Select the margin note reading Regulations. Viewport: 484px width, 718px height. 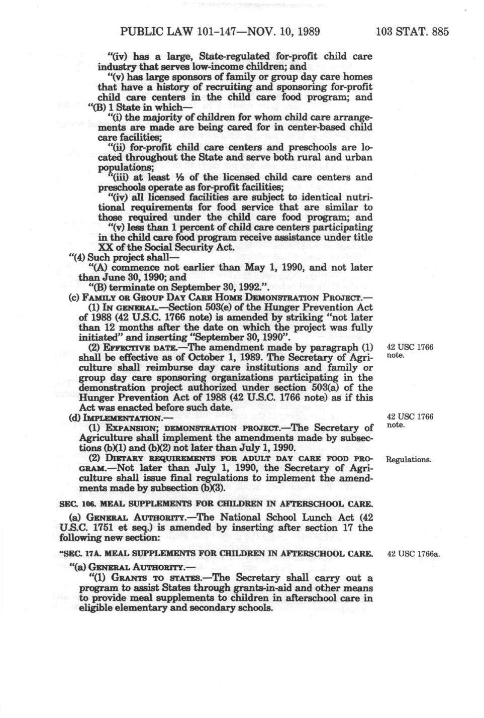pos(408,460)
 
